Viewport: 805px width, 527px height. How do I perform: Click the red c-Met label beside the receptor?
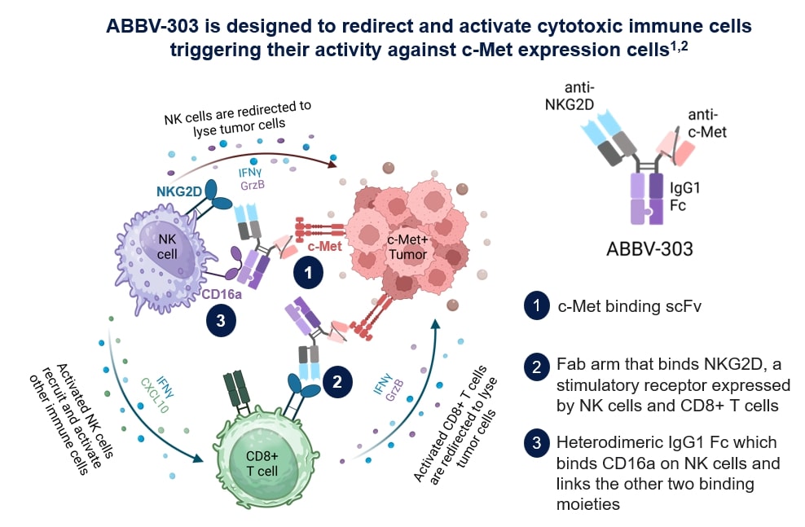pos(324,244)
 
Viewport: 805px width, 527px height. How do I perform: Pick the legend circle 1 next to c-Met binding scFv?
pos(534,306)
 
